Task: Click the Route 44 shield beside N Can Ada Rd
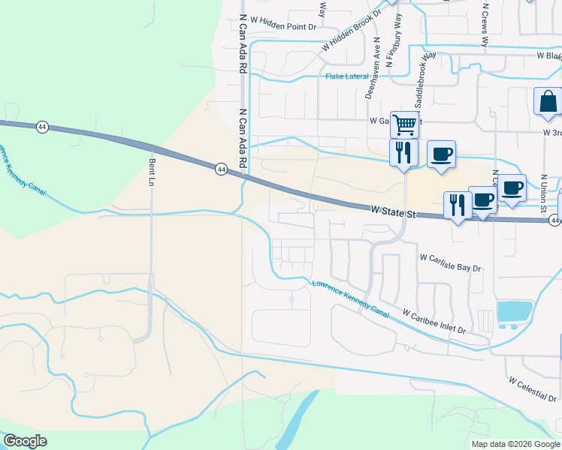click(220, 169)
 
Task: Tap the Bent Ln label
click(152, 173)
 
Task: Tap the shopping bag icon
click(547, 100)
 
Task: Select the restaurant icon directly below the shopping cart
click(403, 152)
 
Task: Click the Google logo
click(24, 441)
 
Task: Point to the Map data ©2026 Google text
click(515, 444)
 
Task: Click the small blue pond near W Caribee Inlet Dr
click(515, 310)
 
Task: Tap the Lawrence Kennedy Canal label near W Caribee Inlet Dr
click(351, 298)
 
